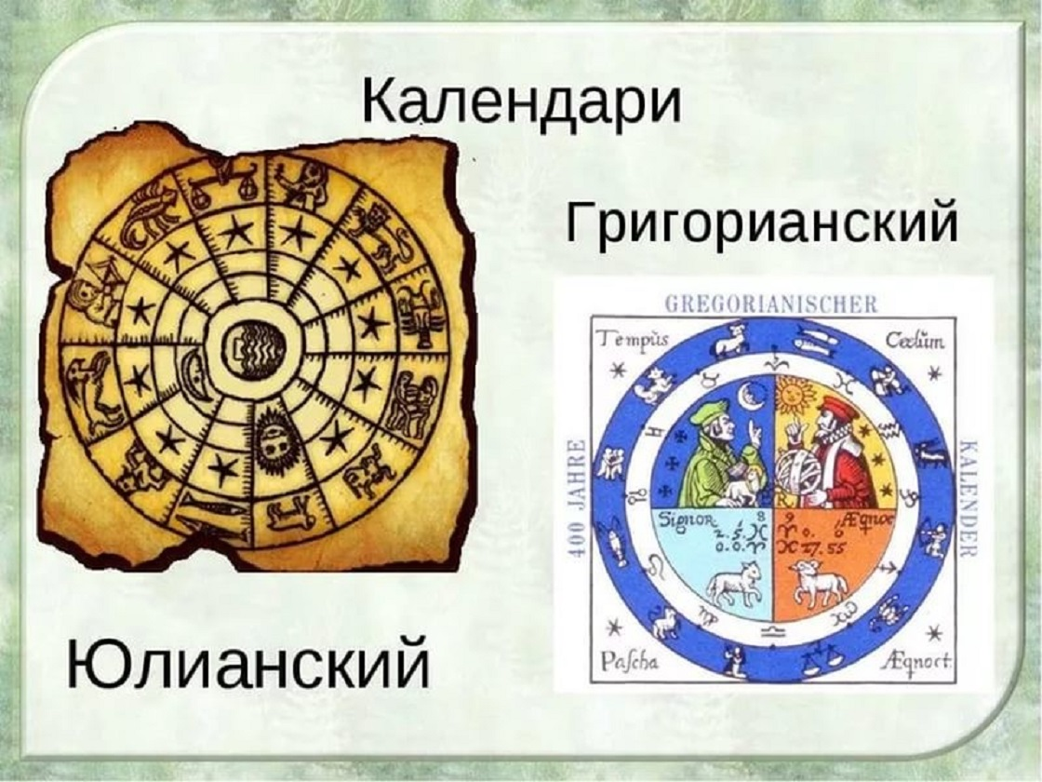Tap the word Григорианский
coord(761,224)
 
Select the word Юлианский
coord(247,665)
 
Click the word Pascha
coord(630,663)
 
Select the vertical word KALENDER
coord(964,498)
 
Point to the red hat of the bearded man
coord(835,409)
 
